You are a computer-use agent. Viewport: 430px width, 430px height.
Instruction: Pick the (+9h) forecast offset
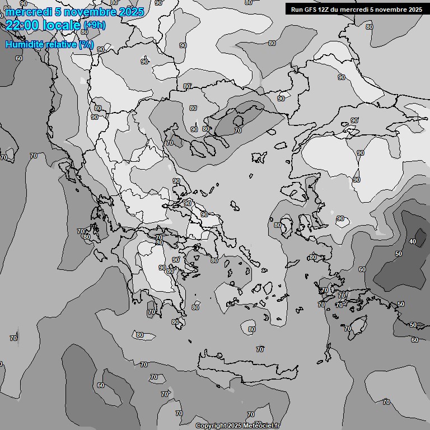point(94,25)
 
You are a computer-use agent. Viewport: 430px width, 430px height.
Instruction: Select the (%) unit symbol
point(86,44)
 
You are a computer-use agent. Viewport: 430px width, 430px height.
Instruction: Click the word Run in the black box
point(297,9)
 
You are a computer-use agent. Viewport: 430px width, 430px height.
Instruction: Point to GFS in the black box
point(310,9)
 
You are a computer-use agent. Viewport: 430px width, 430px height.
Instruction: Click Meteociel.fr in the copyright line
point(261,426)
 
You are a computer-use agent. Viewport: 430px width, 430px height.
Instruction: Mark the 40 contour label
point(413,241)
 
